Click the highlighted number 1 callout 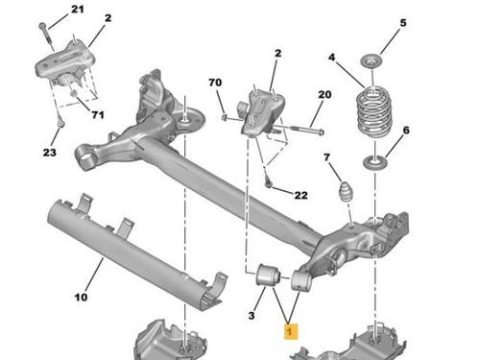(291, 331)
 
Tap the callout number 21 (77, 10)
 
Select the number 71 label (98, 114)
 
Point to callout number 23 (50, 153)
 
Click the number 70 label (215, 83)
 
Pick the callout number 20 (324, 95)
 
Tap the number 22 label (300, 195)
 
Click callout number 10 (81, 298)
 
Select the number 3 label (252, 316)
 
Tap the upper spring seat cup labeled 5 (372, 61)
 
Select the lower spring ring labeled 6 (375, 162)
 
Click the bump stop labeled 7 (345, 192)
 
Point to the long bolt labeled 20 (297, 130)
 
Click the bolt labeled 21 (47, 36)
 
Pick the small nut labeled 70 (225, 118)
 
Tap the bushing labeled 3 (269, 275)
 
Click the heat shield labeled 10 (133, 253)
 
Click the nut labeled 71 (73, 93)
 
